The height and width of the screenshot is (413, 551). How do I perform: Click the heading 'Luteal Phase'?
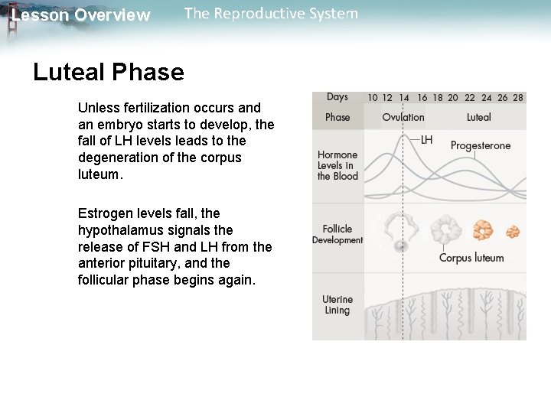coord(109,73)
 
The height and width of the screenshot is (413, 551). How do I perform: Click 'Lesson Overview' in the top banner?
coord(81,15)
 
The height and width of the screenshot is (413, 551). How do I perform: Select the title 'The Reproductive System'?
coord(271,14)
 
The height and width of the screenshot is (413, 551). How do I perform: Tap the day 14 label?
coord(404,98)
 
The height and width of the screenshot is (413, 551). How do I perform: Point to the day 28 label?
coord(518,98)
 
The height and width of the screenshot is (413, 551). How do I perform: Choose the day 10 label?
coord(372,98)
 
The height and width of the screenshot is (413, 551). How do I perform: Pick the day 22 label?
coord(469,98)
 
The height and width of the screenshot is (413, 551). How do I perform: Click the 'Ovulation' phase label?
coord(403,117)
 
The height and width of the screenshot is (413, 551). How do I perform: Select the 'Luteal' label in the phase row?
coord(479,117)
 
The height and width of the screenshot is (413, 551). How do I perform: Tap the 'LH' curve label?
coord(427,140)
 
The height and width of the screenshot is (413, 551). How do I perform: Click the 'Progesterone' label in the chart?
coord(481,145)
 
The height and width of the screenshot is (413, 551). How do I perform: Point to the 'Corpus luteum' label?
coord(471,258)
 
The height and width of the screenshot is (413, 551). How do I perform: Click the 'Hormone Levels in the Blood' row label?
coord(337,165)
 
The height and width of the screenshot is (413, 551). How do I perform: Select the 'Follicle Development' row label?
coord(337,234)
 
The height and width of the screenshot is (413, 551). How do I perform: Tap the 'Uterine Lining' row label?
coord(337,304)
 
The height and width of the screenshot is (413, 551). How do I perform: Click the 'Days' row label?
coord(337,97)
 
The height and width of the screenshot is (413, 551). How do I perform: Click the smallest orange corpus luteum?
coord(513,230)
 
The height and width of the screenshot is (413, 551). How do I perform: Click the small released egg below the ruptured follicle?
coord(401,246)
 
